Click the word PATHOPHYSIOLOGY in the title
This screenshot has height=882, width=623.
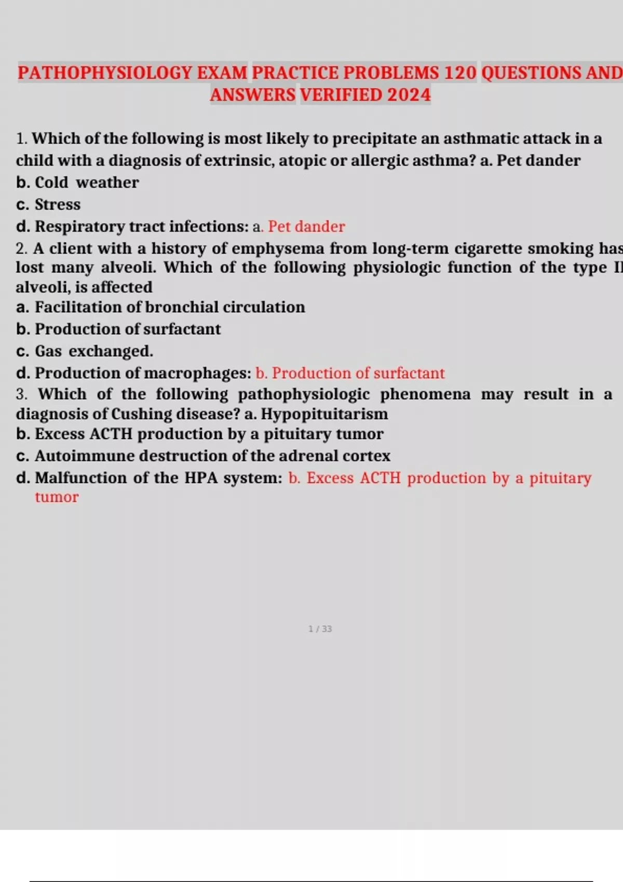point(105,73)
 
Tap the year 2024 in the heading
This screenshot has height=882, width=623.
point(409,95)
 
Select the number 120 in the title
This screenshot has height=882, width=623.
point(460,73)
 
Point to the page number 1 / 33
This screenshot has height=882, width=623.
point(320,629)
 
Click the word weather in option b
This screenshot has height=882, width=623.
point(107,183)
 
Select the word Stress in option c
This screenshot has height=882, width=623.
point(58,204)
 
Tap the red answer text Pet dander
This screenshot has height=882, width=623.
point(306,227)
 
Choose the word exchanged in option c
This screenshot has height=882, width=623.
point(111,351)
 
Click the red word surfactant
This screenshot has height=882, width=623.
point(409,373)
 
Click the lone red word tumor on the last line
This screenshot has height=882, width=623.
point(57,497)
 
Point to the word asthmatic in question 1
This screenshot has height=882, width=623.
point(480,139)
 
